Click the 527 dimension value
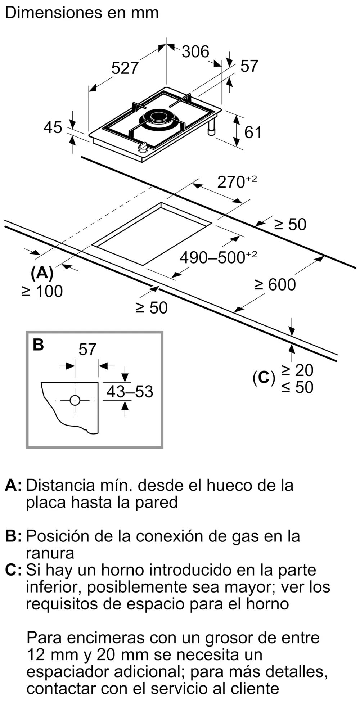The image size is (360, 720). [125, 68]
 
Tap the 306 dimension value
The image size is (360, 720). [195, 52]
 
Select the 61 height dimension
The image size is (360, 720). [253, 132]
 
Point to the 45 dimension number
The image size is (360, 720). [53, 127]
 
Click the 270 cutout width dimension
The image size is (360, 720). [231, 183]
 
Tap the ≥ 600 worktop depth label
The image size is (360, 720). [275, 285]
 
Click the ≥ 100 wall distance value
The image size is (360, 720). [42, 291]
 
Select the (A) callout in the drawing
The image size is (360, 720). [42, 274]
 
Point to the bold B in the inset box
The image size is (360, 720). [38, 345]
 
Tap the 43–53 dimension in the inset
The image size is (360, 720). [130, 392]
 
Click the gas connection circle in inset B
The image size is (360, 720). [75, 400]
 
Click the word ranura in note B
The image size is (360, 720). [50, 553]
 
